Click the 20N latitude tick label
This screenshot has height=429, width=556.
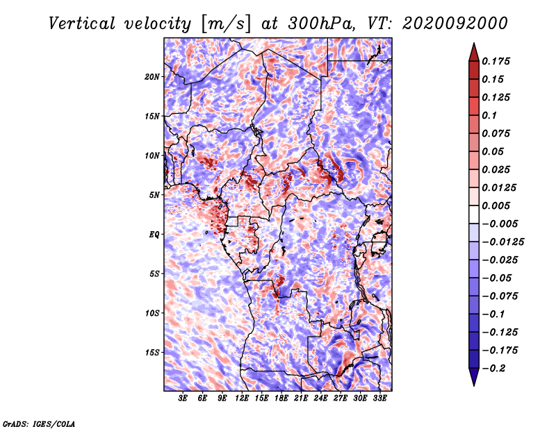(x=152, y=77)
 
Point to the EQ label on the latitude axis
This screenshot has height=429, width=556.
(x=154, y=235)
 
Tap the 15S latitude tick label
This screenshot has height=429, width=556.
(x=152, y=353)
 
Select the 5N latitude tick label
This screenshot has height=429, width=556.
(x=154, y=195)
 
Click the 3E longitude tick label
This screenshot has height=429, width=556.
(x=183, y=398)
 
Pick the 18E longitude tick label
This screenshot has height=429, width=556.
(x=281, y=398)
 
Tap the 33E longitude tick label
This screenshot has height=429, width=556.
(x=379, y=398)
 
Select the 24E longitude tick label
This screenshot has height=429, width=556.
(x=320, y=398)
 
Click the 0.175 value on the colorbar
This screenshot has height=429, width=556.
(x=496, y=62)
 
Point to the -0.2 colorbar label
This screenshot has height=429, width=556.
(x=493, y=369)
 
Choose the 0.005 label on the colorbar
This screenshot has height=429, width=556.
(x=496, y=205)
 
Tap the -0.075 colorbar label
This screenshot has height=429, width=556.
(x=500, y=296)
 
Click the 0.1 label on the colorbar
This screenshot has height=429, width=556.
(x=489, y=115)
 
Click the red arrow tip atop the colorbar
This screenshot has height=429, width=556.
(x=474, y=43)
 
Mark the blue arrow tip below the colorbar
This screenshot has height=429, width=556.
(x=474, y=385)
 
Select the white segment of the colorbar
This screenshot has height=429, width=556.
(x=474, y=214)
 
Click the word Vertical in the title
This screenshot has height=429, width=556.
(x=82, y=24)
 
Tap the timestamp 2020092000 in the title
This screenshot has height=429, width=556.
(x=455, y=24)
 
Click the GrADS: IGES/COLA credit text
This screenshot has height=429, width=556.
(x=39, y=424)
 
